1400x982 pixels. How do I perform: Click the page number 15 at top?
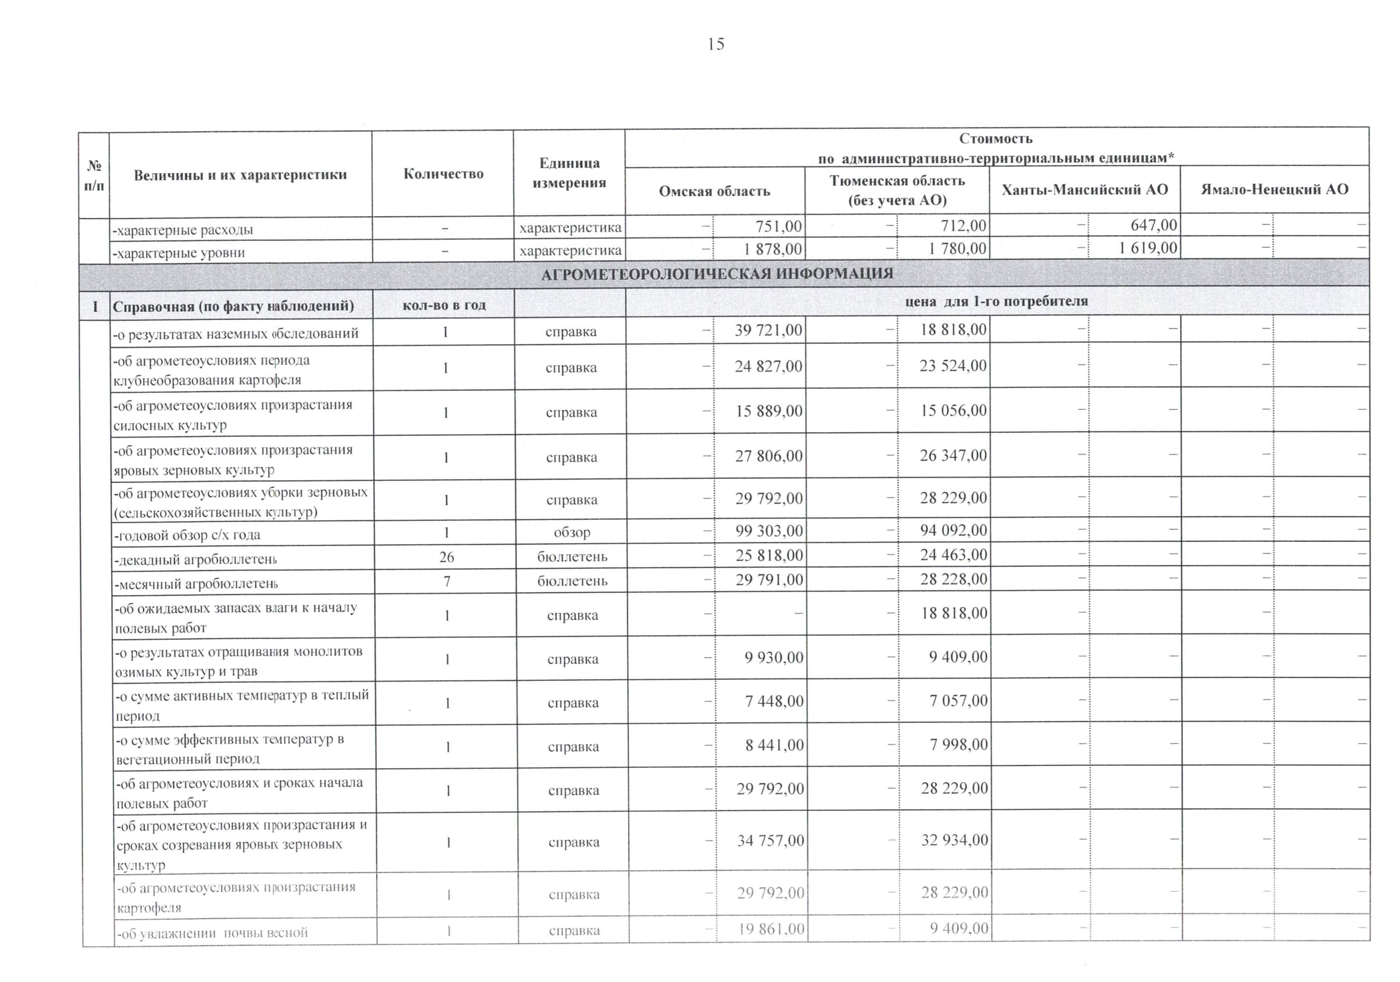click(716, 44)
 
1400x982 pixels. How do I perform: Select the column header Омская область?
click(714, 192)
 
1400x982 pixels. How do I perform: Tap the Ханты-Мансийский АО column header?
click(1084, 190)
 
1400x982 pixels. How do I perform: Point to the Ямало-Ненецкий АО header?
click(1274, 190)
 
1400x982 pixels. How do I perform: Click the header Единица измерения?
click(569, 173)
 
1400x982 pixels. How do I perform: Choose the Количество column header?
click(443, 174)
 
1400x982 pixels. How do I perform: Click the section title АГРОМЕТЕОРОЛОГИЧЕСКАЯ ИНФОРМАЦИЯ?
click(717, 274)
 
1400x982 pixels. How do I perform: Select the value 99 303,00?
click(769, 530)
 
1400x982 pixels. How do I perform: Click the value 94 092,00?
click(953, 530)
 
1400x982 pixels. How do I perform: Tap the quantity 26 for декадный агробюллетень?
click(446, 557)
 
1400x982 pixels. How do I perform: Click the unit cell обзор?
click(572, 533)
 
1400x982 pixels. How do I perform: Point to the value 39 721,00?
click(768, 330)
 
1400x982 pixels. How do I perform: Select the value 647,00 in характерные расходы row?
click(1153, 225)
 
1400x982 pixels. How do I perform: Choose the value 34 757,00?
click(770, 840)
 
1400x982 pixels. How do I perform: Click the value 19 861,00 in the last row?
click(771, 929)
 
